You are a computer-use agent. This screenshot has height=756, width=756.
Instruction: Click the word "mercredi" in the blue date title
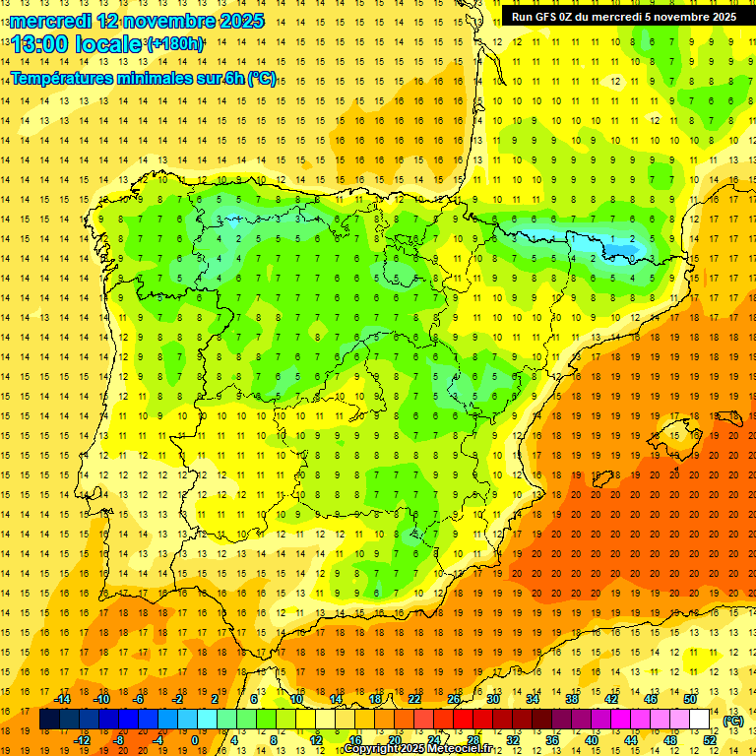coord(50,21)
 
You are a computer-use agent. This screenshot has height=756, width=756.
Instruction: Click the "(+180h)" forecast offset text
coord(175,44)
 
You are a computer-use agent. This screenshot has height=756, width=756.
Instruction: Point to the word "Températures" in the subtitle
coord(65,79)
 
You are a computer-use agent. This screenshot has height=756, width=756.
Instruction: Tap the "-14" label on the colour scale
coord(63,698)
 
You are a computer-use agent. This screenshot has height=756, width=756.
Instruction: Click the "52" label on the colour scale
coord(711,740)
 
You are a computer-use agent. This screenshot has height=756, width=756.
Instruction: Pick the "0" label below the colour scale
coord(195,740)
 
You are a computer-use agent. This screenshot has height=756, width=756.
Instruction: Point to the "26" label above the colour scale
coord(454,698)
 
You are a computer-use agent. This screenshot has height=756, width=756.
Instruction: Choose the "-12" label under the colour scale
coord(83,740)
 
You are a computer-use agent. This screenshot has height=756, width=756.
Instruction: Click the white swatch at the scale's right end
coord(699,720)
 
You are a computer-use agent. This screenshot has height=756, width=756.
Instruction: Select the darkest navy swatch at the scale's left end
coord(49,720)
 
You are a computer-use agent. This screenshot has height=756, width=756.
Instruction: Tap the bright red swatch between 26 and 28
coord(463,720)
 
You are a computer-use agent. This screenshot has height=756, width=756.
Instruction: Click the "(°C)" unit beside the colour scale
coord(732,720)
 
